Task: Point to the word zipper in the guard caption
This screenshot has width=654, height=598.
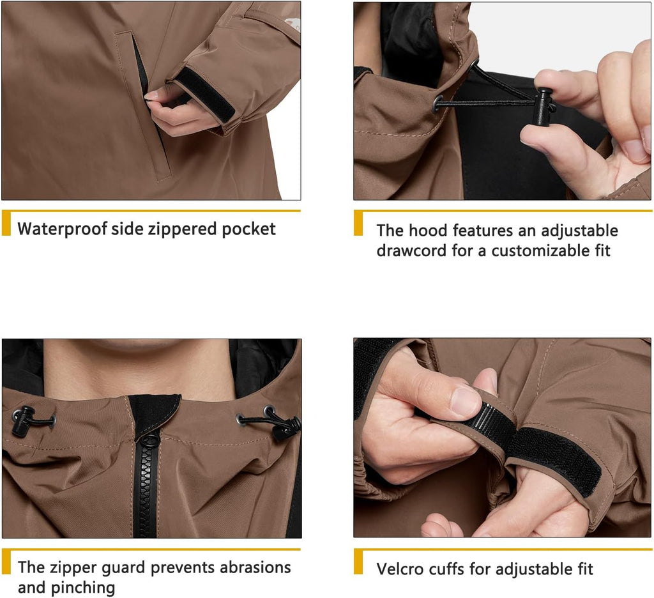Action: pos(73,567)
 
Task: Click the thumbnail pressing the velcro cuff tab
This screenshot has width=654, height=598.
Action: pos(464,400)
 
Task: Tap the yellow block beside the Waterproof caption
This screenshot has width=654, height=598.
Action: pos(6,223)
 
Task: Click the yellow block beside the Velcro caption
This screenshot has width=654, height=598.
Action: pos(358,562)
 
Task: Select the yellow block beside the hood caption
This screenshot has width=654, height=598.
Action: pos(358,223)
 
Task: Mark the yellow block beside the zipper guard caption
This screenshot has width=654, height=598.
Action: pos(6,562)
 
